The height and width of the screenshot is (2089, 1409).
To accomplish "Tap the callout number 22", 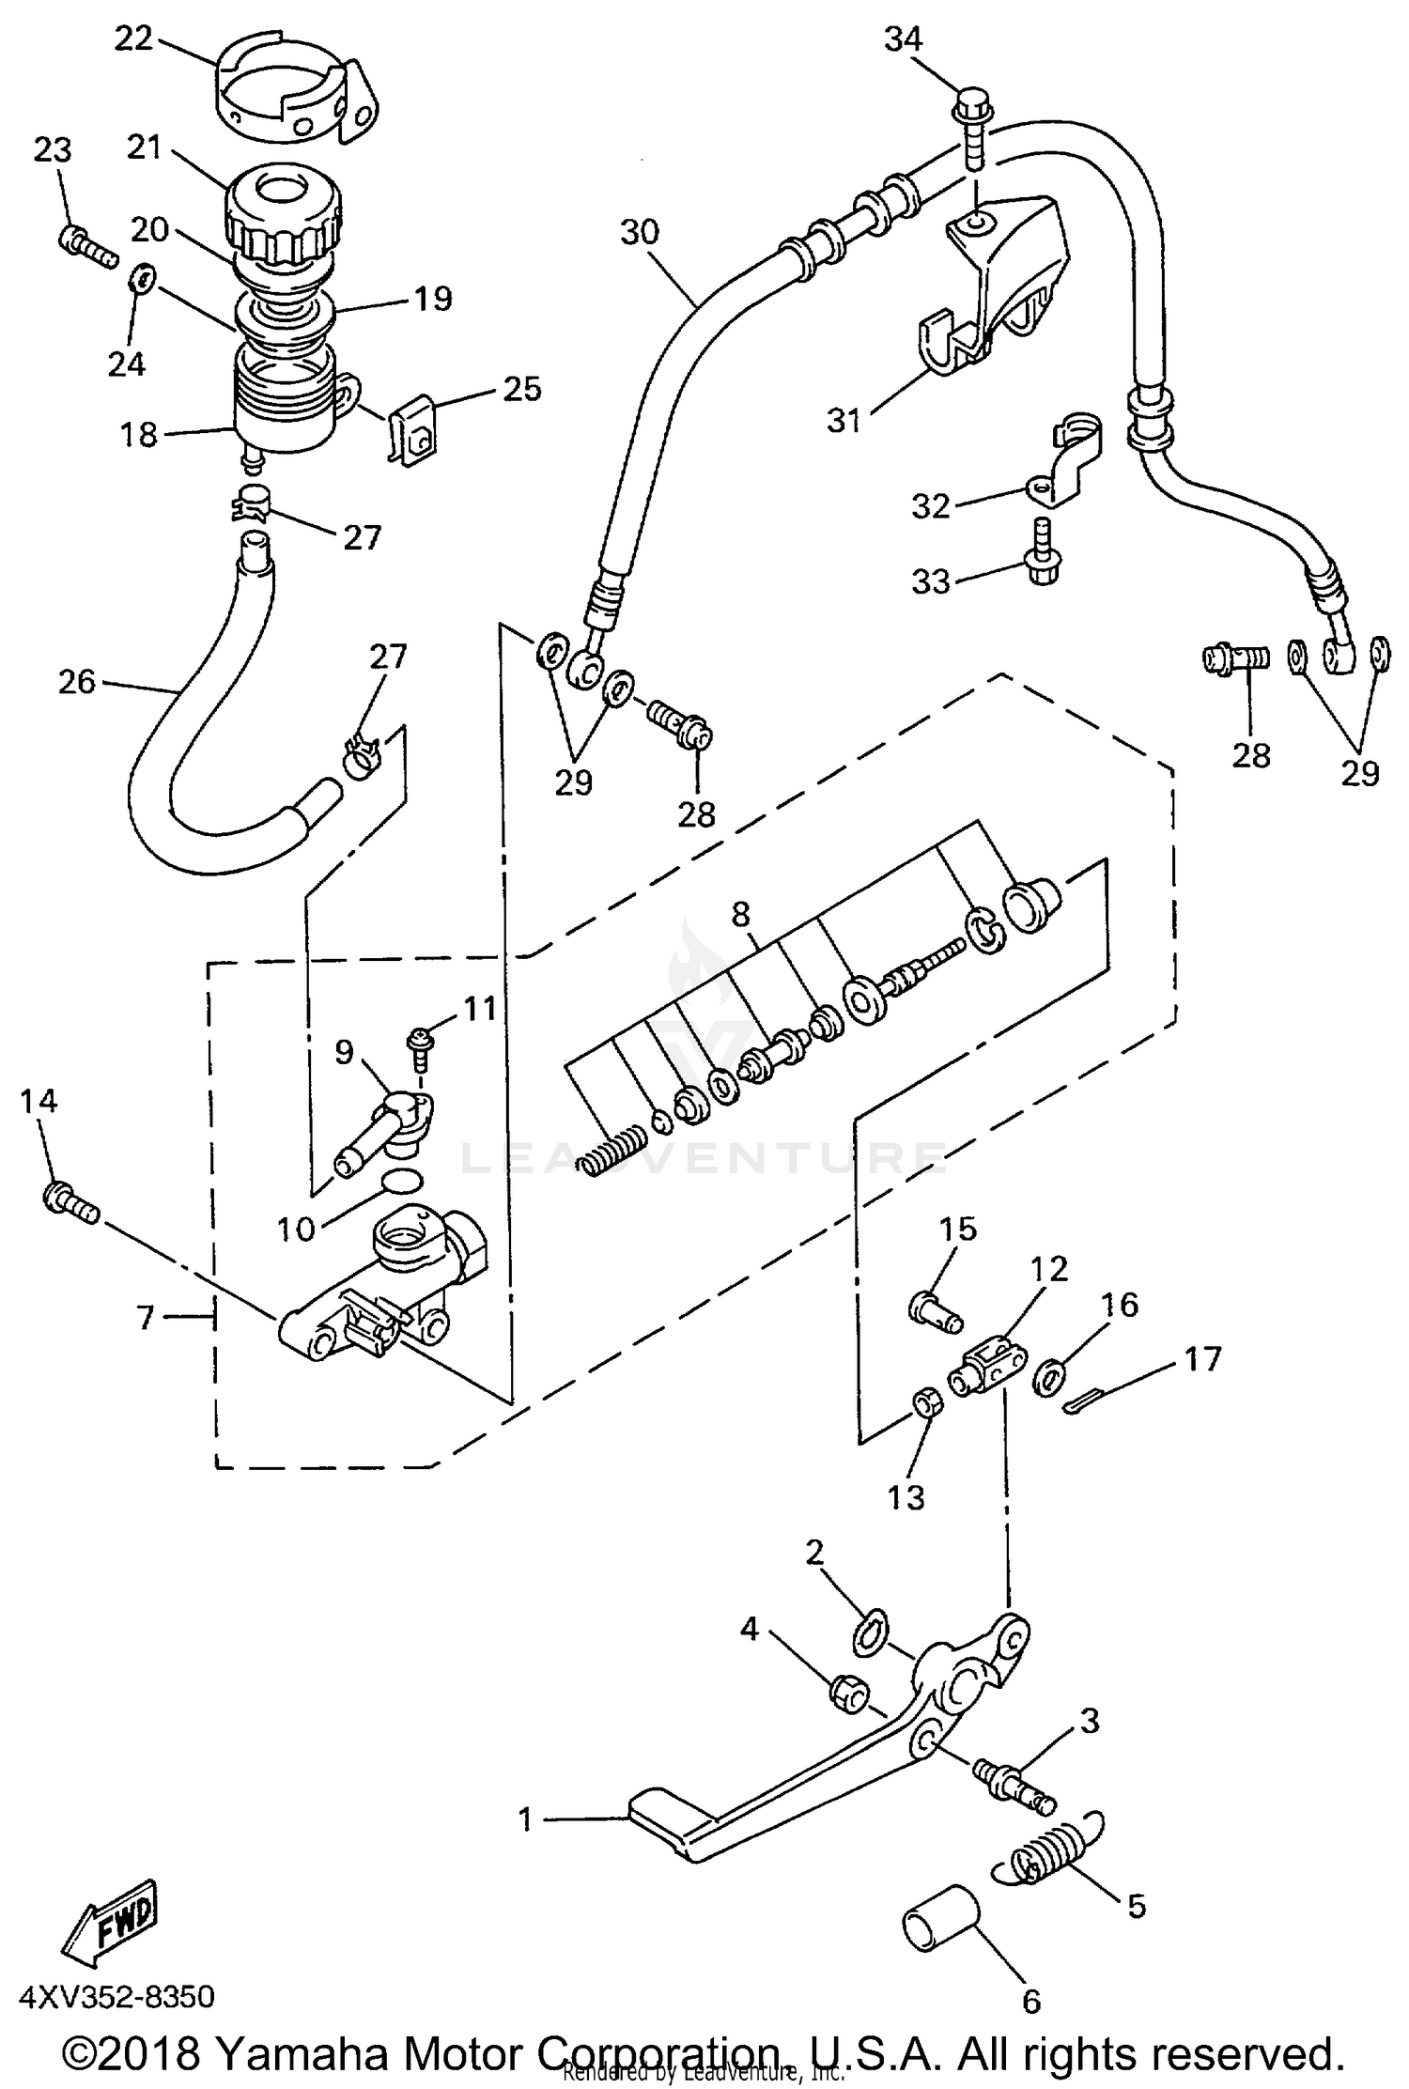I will click(133, 39).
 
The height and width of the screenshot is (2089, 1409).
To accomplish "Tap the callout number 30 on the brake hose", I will click(640, 232).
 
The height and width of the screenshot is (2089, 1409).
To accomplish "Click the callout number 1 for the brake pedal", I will click(525, 1819).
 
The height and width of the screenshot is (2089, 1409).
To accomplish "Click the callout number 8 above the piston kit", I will click(741, 914).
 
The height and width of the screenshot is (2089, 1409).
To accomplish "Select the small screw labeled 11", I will click(417, 1043).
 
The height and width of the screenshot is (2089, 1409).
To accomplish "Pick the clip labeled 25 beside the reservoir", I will click(410, 431).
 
